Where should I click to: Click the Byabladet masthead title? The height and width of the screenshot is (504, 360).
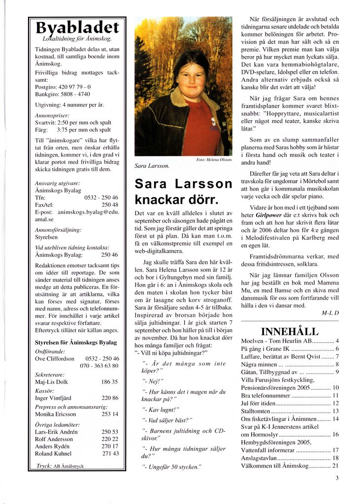click(77, 28)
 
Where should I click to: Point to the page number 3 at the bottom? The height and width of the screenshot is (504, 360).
click(337, 477)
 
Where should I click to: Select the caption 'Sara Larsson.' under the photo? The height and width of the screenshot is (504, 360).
click(152, 166)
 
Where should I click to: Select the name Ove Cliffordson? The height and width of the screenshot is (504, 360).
click(55, 359)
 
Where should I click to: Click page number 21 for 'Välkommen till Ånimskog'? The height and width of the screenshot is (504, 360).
click(335, 466)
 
